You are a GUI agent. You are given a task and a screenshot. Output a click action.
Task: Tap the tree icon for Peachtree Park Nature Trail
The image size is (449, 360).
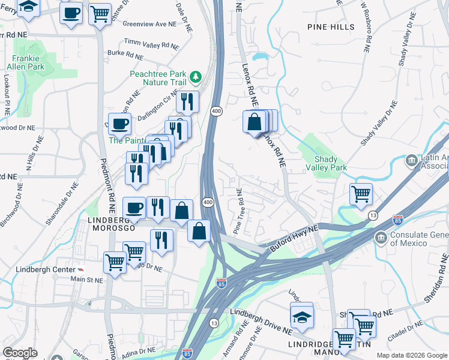195,77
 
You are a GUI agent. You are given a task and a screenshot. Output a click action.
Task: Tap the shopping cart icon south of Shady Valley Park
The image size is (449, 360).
361,194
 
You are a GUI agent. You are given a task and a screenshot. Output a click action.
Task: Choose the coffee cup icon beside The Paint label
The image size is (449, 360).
119,124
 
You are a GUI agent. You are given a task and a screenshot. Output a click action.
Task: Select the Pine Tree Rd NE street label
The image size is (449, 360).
238,211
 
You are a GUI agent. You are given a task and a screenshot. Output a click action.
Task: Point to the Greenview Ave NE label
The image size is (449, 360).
150,25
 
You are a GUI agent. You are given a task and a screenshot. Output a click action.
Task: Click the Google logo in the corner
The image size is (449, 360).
20,353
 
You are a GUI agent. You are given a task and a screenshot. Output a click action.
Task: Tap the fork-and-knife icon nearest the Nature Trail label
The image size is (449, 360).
188,103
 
